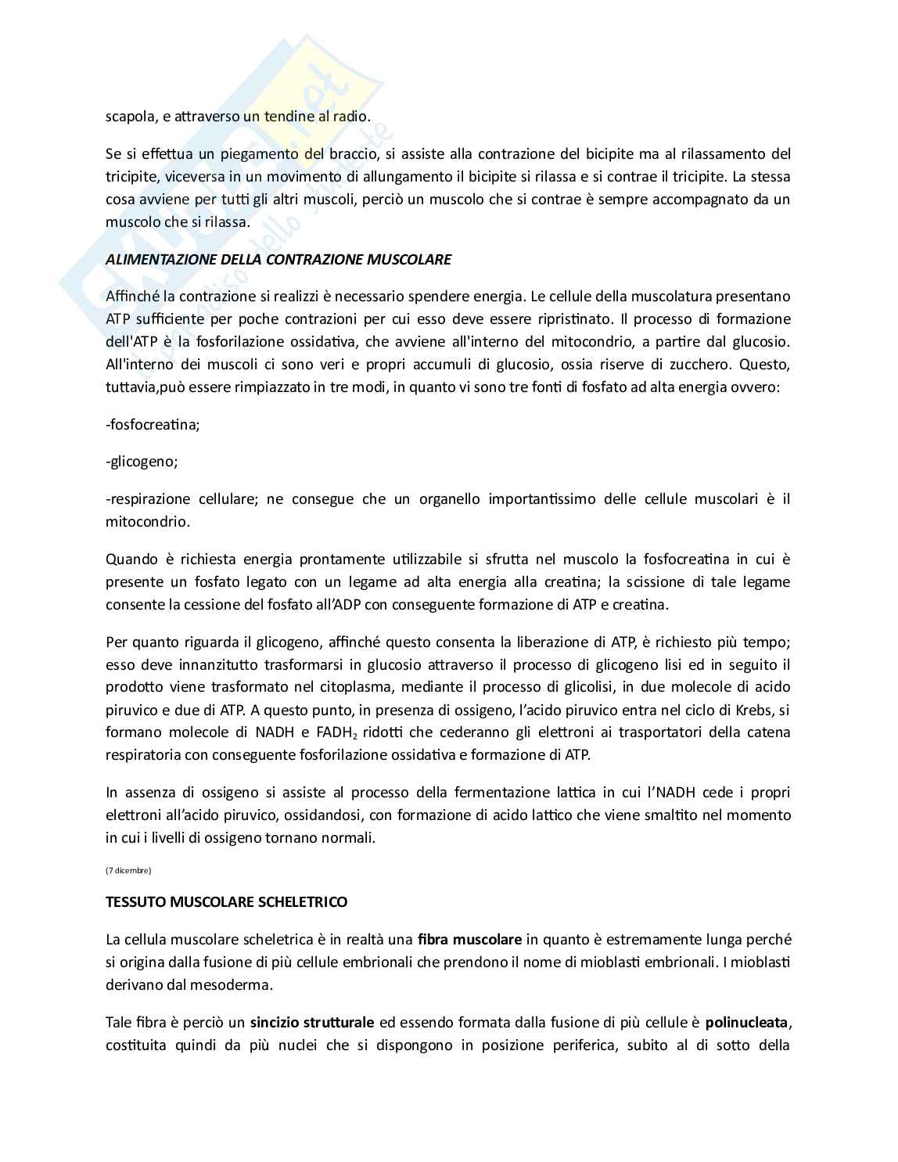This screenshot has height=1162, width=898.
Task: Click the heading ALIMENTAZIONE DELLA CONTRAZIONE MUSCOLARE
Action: (x=278, y=260)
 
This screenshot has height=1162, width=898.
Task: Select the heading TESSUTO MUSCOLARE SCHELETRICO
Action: (x=227, y=902)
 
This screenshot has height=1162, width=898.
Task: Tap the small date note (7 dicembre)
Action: (x=128, y=870)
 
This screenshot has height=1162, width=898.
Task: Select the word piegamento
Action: (x=235, y=153)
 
